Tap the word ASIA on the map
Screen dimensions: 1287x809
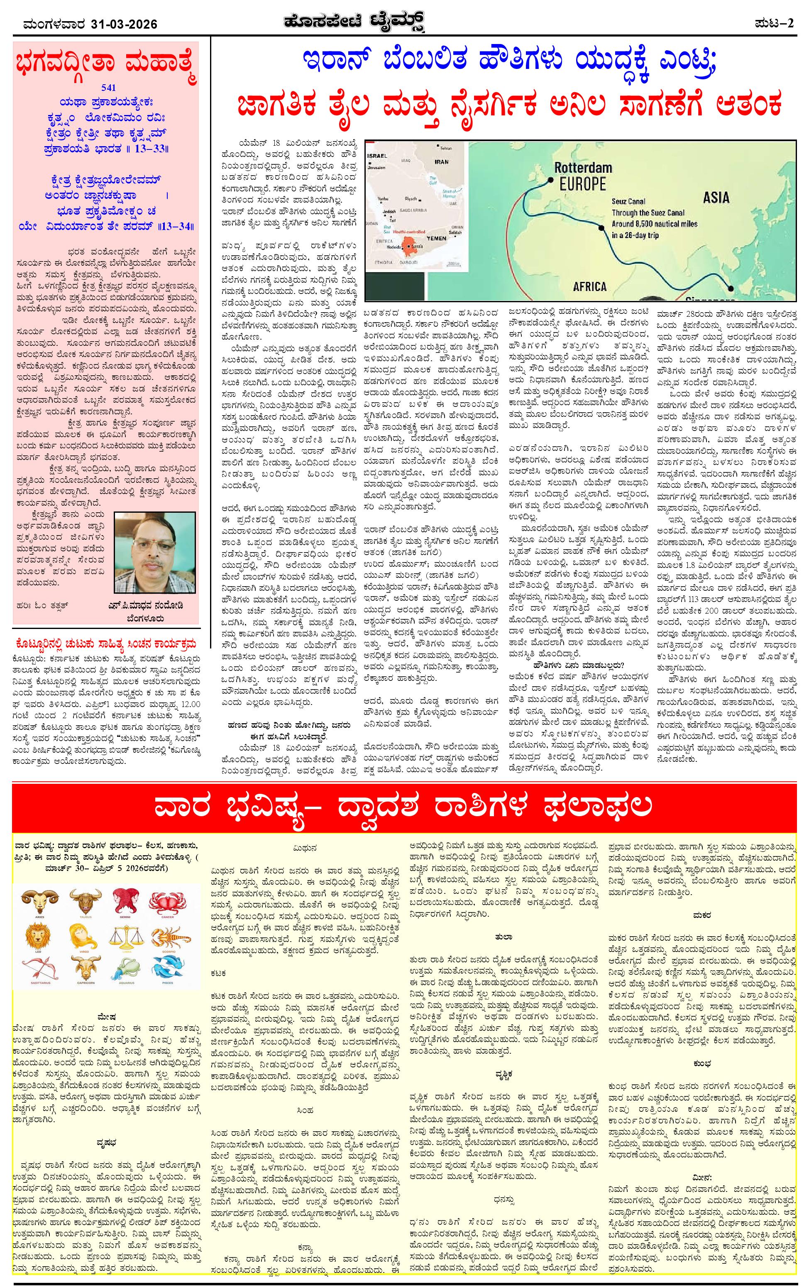(x=716, y=198)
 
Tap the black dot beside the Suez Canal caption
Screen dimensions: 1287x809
(x=602, y=228)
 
